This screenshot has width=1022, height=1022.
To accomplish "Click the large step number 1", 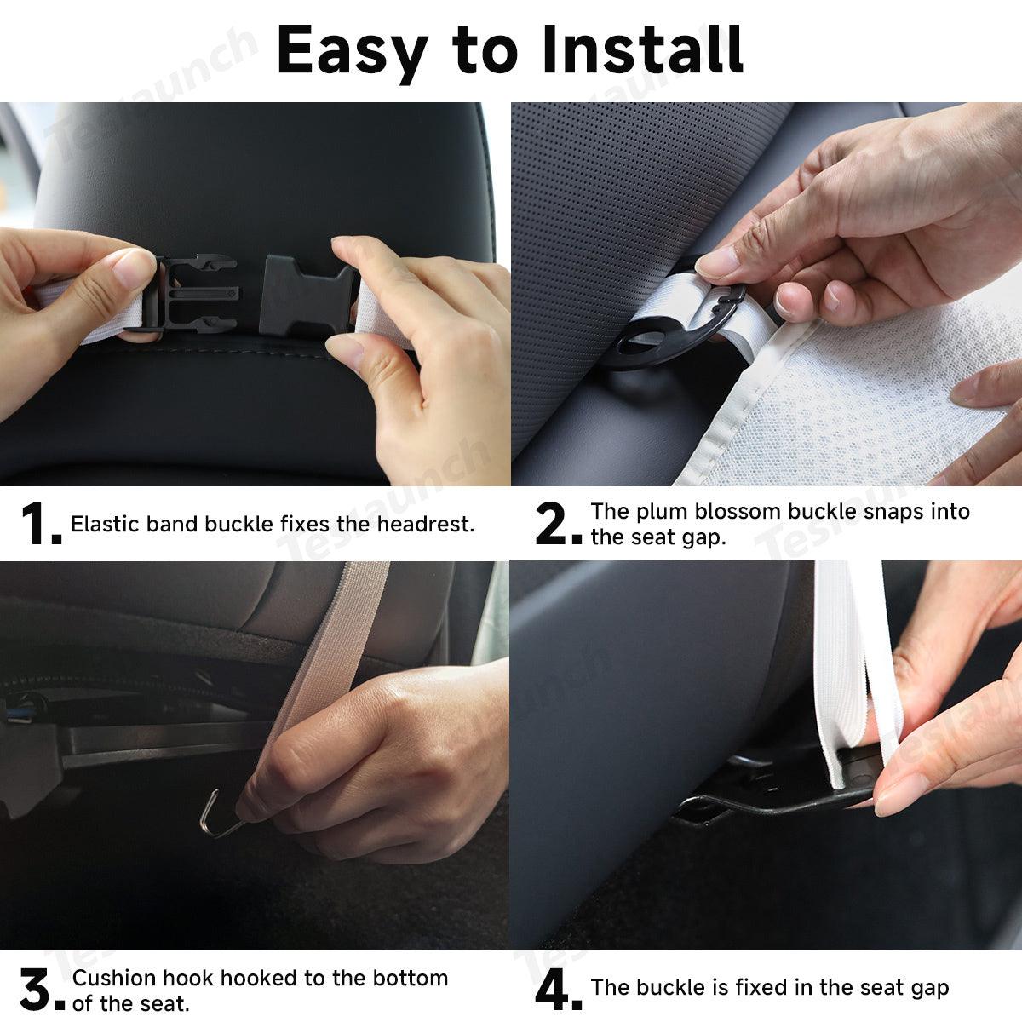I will pyautogui.click(x=39, y=524).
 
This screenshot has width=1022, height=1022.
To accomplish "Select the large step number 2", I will pyautogui.click(x=558, y=524).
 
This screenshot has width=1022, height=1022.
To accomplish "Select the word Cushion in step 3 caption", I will pyautogui.click(x=114, y=978).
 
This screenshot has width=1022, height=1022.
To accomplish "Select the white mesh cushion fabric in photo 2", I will pyautogui.click(x=860, y=400).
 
